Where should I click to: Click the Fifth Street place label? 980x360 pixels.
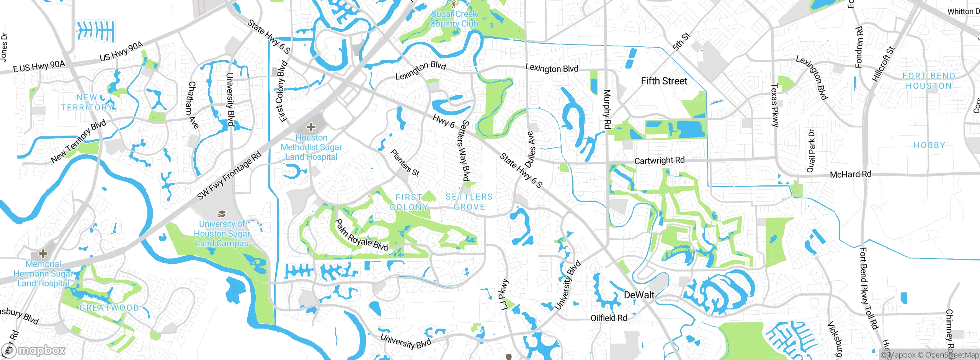coord(664,81)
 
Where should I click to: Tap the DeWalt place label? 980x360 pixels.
coord(639,295)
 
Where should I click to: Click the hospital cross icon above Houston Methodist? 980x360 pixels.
coord(311,127)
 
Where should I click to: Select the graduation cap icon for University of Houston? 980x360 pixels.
coord(222,214)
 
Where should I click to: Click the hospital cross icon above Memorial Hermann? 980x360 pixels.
coord(43,253)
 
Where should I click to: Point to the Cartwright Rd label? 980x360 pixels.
coord(659,160)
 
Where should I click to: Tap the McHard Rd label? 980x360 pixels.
coord(850,174)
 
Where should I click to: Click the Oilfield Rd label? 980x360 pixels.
coord(609,318)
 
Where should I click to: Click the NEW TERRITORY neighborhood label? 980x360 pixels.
coord(87,102)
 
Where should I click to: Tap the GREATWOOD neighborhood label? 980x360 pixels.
coord(109,308)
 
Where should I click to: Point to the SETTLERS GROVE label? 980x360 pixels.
coord(469,201)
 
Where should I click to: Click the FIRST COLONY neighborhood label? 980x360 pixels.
coord(409,202)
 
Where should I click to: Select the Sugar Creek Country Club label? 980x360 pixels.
coord(454,19)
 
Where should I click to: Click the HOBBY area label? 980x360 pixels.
coord(929,145)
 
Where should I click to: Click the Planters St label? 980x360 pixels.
coord(405,163)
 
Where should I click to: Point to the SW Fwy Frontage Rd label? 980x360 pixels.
coord(229,175)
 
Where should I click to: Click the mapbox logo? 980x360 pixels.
coord(34,350)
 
